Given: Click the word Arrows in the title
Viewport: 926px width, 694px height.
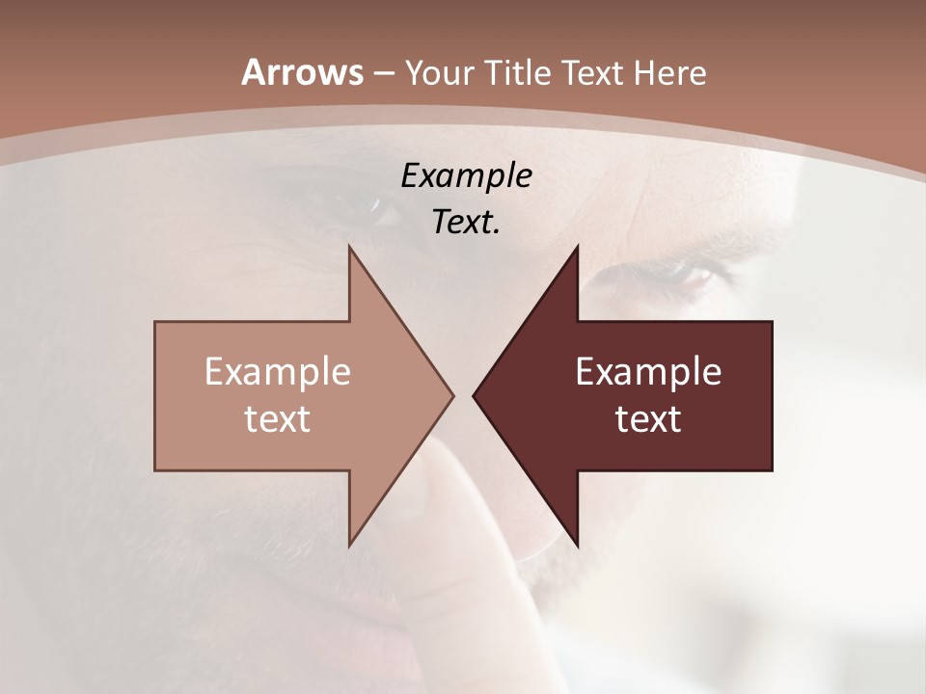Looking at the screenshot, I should [302, 72].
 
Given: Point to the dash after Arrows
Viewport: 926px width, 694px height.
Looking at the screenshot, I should [383, 73].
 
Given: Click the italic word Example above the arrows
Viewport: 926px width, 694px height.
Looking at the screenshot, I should [466, 175].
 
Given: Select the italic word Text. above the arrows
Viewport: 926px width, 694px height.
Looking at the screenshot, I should [466, 223].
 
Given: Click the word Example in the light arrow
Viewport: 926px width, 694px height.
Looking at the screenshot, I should [278, 371].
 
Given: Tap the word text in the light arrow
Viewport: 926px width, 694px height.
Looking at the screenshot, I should [278, 418].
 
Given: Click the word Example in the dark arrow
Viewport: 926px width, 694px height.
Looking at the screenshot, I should [648, 371].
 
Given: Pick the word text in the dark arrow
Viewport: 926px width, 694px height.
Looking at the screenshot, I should [648, 418].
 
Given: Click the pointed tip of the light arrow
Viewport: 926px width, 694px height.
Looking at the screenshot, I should [452, 395].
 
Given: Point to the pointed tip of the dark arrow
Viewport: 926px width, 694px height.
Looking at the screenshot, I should [474, 395].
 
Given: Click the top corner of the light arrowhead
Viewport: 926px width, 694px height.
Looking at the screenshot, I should [349, 246].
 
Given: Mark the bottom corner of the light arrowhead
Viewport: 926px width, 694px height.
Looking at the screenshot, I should [349, 546].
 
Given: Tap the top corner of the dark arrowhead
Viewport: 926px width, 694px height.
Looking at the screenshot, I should [577, 246].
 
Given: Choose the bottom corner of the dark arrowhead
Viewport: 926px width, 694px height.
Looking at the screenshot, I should [577, 546].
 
